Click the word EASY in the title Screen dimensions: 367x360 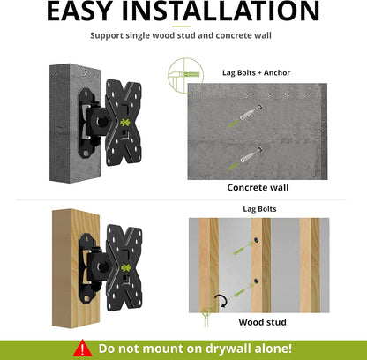pos(79,11)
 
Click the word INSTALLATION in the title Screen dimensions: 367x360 pos(221,11)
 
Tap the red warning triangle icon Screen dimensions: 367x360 pos(83,348)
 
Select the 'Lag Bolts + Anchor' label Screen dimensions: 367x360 pos(256,72)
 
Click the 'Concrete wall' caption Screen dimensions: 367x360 pos(258,187)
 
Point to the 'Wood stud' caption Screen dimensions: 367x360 pos(262,322)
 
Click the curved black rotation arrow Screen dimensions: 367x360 pos(221,301)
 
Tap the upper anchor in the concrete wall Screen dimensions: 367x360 pos(251,113)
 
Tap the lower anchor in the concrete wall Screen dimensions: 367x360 pos(251,155)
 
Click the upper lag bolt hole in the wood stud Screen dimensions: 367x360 pos(257,240)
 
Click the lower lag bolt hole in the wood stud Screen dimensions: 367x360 pos(257,281)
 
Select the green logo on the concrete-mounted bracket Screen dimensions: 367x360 pos(125,123)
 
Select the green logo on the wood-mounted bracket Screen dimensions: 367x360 pos(126,267)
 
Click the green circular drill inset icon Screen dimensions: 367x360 pos(185,75)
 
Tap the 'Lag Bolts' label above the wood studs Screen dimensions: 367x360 pos(259,209)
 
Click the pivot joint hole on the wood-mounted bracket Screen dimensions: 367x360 pos(102,266)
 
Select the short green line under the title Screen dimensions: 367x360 pos(181,26)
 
